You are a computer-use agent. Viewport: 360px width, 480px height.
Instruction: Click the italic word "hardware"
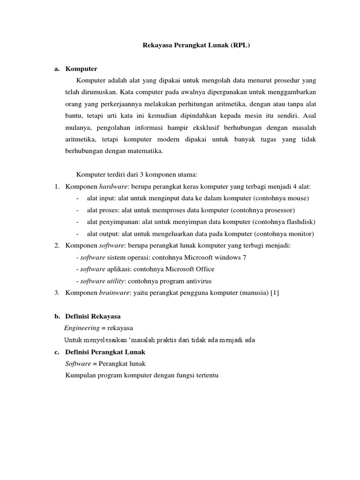pos(112,186)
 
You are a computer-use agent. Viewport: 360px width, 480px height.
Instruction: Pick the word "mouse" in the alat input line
pos(298,198)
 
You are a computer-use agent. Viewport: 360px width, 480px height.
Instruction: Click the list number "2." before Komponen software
pos(57,246)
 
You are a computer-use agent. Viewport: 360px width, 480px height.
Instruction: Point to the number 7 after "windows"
pos(244,257)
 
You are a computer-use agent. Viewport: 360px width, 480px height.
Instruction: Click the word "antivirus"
pos(197,281)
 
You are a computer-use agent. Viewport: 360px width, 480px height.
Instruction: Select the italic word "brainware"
pos(113,293)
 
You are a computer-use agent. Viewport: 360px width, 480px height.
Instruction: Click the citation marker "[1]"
pos(274,293)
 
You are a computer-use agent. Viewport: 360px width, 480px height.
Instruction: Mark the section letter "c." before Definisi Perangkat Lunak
pos(57,352)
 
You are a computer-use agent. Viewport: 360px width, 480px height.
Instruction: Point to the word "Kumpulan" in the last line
pos(78,375)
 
